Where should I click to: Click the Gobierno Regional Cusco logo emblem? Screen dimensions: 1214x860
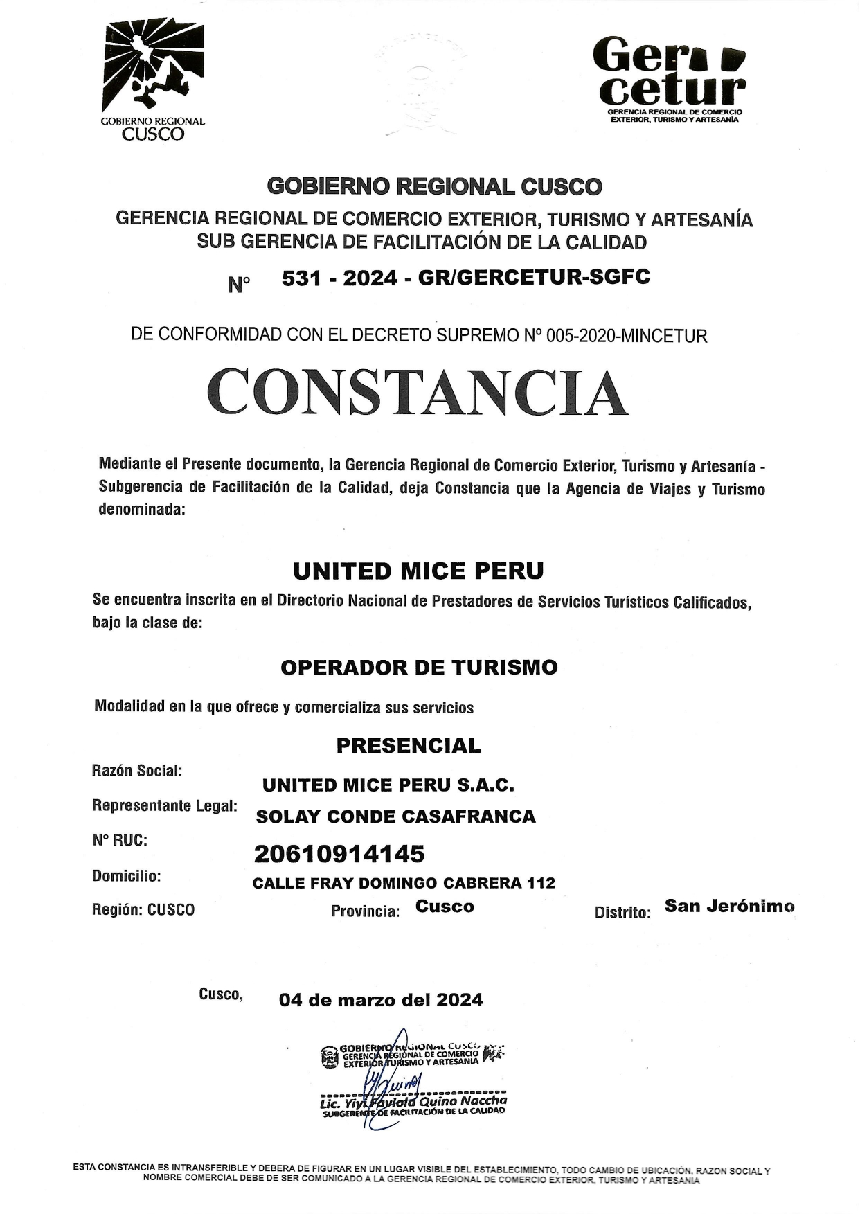[x=153, y=66]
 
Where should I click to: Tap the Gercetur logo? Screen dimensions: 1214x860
[x=669, y=76]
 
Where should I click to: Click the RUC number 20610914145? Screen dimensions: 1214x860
[x=339, y=854]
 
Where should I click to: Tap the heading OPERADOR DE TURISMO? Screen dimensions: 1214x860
[x=419, y=668]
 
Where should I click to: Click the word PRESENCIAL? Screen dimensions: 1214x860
[x=408, y=746]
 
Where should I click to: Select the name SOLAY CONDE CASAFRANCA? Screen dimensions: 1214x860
[x=395, y=816]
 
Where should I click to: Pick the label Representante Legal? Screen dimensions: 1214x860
[x=164, y=805]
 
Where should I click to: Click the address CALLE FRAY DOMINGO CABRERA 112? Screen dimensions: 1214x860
[x=404, y=883]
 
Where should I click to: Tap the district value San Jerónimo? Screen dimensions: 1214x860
[x=729, y=906]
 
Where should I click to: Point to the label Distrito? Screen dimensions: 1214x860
[x=622, y=913]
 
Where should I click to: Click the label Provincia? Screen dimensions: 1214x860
[x=365, y=911]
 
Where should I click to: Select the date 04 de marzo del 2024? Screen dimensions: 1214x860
[x=381, y=1000]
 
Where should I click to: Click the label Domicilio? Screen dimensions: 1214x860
[x=126, y=876]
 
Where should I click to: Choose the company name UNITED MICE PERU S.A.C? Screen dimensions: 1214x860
[x=388, y=785]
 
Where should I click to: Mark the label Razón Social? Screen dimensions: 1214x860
[x=136, y=771]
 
